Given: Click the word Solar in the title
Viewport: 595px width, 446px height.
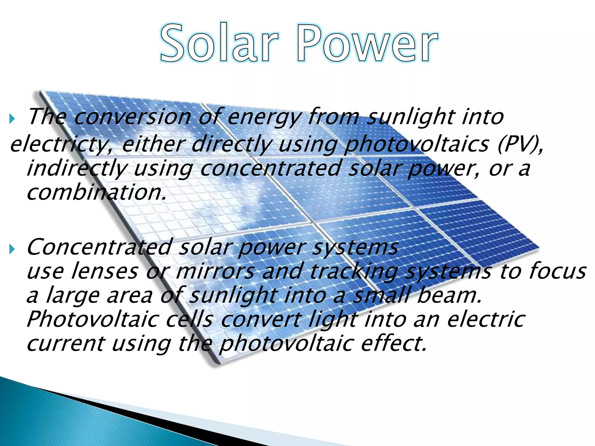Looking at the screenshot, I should coord(220,43).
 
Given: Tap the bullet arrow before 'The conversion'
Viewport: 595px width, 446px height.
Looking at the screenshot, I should coord(12,118).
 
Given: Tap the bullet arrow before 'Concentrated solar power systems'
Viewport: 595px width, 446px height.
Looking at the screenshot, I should coord(12,249).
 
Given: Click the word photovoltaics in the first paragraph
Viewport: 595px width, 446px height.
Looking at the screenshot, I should coord(417,145).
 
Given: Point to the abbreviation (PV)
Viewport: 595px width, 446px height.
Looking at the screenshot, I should coord(520,144).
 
